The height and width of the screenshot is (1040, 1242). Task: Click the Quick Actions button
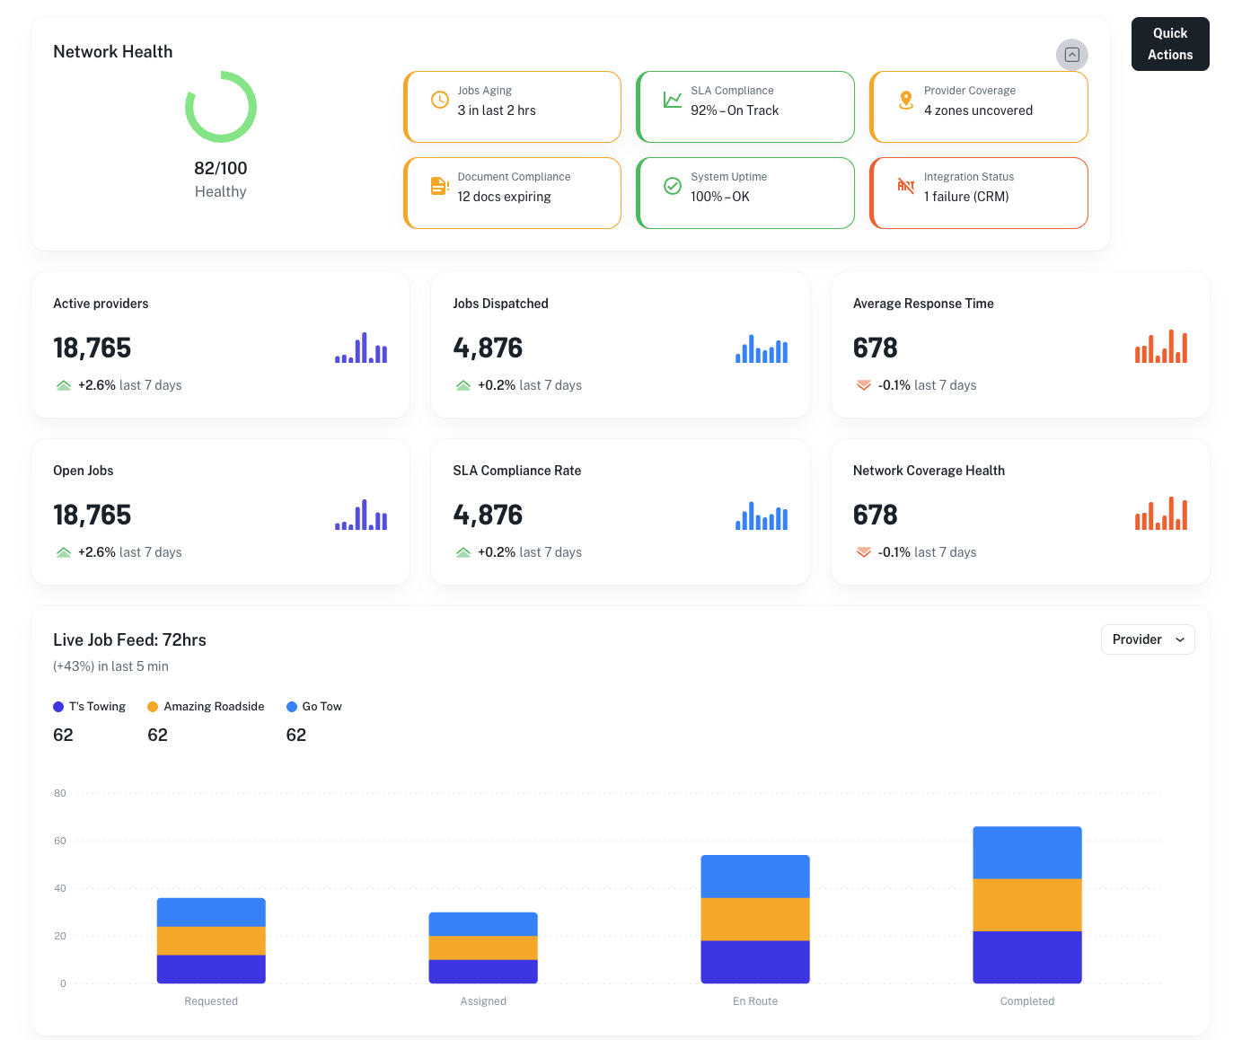pos(1169,44)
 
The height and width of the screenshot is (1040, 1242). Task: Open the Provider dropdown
pos(1147,639)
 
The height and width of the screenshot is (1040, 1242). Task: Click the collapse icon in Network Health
pos(1071,55)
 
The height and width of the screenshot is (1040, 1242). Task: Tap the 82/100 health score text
pos(220,168)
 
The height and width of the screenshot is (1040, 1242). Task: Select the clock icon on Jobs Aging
pos(440,100)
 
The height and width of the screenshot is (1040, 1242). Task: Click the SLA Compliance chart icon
pos(673,100)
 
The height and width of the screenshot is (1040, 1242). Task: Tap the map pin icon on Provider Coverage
pos(906,100)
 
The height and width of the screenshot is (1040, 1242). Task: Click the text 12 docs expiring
pos(504,197)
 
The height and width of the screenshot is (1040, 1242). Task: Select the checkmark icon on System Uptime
pos(673,186)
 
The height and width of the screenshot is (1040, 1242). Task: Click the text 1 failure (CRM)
pos(966,197)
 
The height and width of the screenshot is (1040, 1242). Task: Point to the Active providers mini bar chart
pos(361,348)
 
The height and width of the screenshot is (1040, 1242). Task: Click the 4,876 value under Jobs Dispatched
pos(488,348)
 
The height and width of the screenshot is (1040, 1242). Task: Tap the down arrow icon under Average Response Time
pos(863,385)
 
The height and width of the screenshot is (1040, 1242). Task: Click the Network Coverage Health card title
pos(929,471)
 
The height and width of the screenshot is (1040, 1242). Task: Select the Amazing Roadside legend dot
pos(153,707)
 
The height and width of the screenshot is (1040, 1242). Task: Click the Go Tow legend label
pos(322,707)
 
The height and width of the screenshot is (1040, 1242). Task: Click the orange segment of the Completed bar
pos(1026,904)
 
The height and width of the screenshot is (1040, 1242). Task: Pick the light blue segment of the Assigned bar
pos(483,924)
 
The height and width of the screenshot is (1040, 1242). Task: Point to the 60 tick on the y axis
pos(60,841)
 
